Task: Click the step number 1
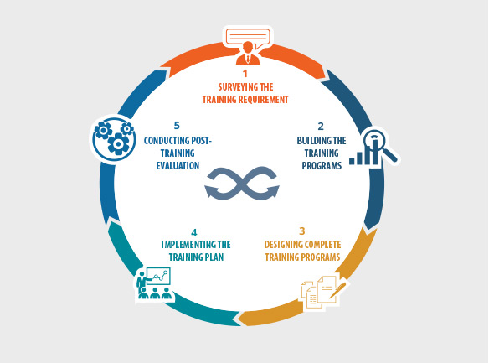[x=245, y=73]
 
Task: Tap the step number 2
[x=321, y=127]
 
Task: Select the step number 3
[x=302, y=231]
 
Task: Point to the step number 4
[x=194, y=233]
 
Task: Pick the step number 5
[x=177, y=126]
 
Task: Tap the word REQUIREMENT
[x=263, y=100]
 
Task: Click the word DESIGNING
[x=283, y=245]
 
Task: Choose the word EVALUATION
[x=178, y=166]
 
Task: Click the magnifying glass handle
[x=390, y=154]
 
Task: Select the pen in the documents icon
[x=338, y=289]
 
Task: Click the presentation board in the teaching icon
[x=158, y=276]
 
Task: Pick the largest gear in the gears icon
[x=118, y=144]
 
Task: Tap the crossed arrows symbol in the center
[x=242, y=184]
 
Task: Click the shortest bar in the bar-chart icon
[x=352, y=161]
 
